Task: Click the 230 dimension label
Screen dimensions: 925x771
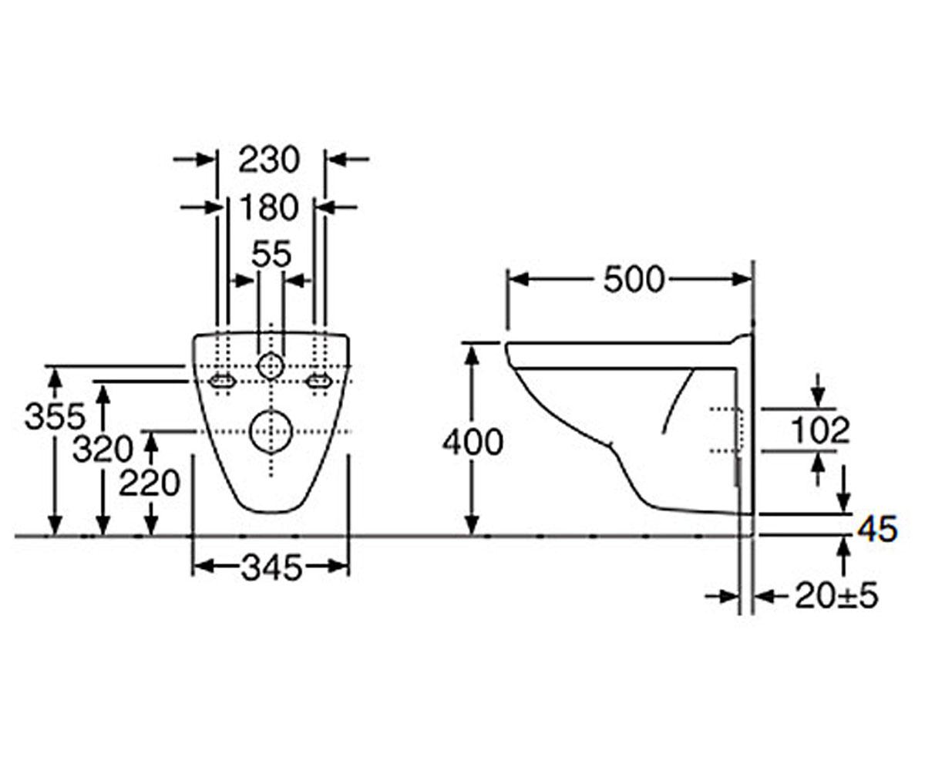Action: click(269, 160)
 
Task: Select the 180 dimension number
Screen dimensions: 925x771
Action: click(269, 207)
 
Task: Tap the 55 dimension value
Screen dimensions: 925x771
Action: click(271, 254)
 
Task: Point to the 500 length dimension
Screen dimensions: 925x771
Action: click(634, 280)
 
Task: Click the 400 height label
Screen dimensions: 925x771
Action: click(473, 443)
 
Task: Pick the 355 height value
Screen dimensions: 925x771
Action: click(55, 416)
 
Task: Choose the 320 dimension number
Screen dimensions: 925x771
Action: click(103, 449)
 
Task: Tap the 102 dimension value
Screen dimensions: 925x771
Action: click(820, 429)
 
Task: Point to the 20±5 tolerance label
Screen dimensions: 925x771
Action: click(836, 597)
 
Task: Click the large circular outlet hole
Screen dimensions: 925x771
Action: click(271, 432)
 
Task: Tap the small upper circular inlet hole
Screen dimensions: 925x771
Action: click(271, 366)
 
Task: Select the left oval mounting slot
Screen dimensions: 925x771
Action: click(221, 381)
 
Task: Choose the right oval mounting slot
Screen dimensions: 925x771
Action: click(319, 381)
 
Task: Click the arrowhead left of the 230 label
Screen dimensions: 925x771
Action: click(206, 160)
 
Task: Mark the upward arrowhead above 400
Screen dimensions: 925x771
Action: click(473, 358)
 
